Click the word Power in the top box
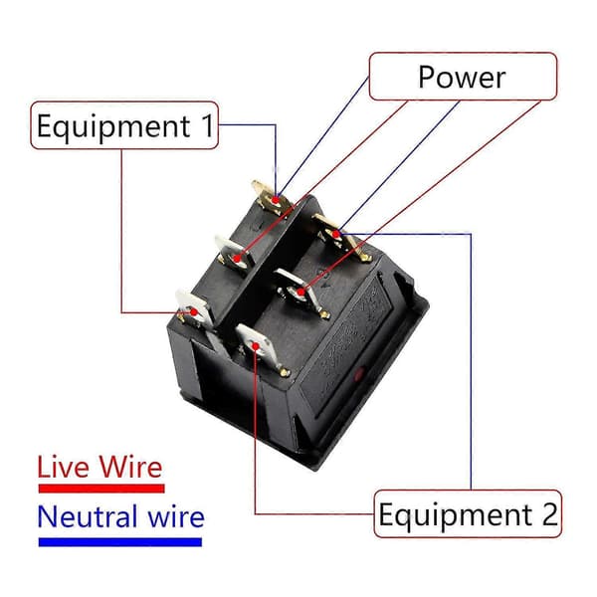462,77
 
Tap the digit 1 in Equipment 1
208,125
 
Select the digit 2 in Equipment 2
550,514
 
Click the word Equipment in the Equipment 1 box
113,127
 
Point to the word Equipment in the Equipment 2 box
455,515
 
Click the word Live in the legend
65,467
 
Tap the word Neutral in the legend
88,516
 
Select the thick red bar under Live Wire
101,489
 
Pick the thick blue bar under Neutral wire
120,542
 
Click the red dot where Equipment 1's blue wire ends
276,200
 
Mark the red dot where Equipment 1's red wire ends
194,312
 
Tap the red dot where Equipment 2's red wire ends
256,346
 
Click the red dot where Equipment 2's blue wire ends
335,234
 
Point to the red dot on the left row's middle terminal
237,259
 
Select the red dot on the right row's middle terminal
300,293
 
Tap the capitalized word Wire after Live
130,467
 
